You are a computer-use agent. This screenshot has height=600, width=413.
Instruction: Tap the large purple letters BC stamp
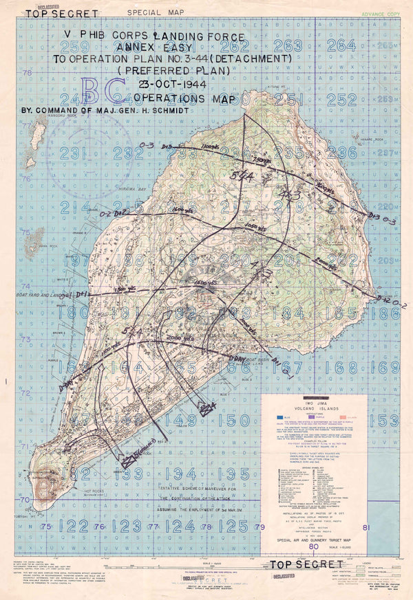pyautogui.click(x=103, y=93)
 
